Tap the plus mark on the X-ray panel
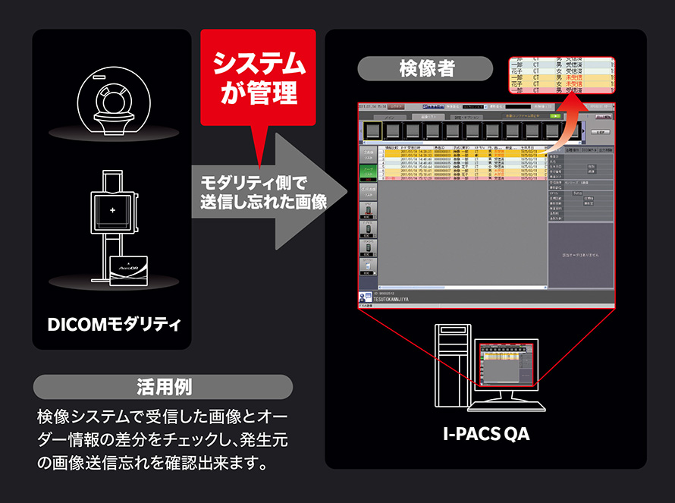point(112,209)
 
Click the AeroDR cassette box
point(133,272)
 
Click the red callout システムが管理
point(257,77)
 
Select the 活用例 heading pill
point(163,386)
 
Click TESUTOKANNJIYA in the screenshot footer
point(393,300)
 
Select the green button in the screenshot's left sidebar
point(369,172)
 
